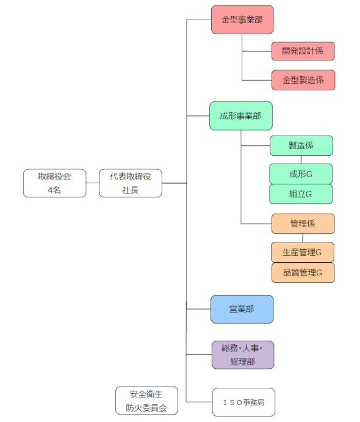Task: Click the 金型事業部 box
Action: click(242, 20)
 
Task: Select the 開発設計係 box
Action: click(303, 51)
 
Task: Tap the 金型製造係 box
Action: click(303, 80)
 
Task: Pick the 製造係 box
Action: click(301, 146)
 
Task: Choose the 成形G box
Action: click(301, 174)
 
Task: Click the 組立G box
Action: click(301, 194)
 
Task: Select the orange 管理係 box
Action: click(303, 224)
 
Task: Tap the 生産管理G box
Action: click(303, 252)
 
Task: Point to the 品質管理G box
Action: click(303, 272)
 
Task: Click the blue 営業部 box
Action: click(242, 310)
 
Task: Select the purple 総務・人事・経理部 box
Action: click(242, 355)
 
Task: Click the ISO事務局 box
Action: click(243, 402)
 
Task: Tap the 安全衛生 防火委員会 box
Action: click(146, 400)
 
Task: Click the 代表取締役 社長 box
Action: click(130, 183)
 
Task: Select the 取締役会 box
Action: click(55, 183)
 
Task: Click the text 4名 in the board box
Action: click(55, 191)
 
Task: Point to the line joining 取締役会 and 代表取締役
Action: click(92, 183)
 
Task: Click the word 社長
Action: click(130, 191)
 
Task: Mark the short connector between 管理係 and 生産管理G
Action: click(303, 238)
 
